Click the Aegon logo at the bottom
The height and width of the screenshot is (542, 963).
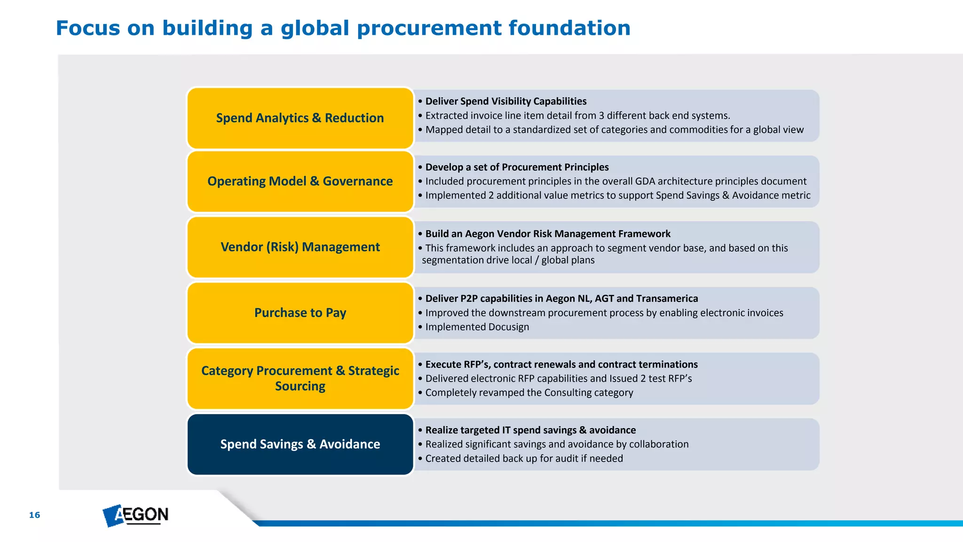click(135, 515)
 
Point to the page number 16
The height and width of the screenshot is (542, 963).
click(34, 515)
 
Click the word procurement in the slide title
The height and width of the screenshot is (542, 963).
click(429, 28)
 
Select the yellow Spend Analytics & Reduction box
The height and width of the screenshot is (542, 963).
click(300, 118)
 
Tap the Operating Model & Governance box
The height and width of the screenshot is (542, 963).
click(300, 181)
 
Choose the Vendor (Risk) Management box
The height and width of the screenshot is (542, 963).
click(300, 247)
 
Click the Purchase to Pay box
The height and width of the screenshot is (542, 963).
click(300, 313)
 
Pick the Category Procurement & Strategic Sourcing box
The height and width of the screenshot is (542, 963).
click(300, 378)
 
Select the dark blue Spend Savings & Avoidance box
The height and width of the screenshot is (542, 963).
click(300, 444)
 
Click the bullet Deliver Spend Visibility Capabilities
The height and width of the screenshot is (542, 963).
click(505, 101)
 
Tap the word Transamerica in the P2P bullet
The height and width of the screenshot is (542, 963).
click(667, 299)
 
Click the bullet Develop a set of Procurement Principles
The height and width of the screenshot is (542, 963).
click(517, 167)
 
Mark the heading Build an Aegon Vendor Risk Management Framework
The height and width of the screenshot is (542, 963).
click(548, 234)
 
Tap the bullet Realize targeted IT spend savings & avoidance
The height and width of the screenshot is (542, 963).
click(530, 430)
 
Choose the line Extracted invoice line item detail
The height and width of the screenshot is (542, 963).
click(577, 116)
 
